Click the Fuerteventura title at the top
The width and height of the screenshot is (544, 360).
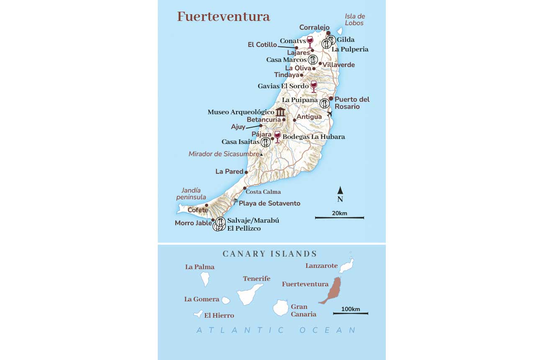click(x=223, y=17)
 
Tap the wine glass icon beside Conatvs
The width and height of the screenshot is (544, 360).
click(x=310, y=41)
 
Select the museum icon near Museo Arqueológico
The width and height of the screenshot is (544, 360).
click(x=280, y=112)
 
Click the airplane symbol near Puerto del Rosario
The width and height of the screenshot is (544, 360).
click(x=330, y=113)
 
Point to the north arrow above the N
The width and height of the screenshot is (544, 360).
click(x=340, y=190)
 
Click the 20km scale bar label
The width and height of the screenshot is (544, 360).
click(x=339, y=213)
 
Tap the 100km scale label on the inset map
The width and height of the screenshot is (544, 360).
click(x=351, y=309)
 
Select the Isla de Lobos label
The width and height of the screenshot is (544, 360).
click(x=355, y=20)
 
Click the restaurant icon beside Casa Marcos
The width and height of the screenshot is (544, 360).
click(x=313, y=59)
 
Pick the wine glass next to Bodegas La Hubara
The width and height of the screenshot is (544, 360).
click(x=277, y=136)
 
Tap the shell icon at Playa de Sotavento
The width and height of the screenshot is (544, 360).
click(x=235, y=201)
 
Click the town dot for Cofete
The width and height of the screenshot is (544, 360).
click(x=206, y=205)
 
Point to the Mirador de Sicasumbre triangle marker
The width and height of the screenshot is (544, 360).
click(x=262, y=154)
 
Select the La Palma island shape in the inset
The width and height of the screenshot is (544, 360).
click(x=205, y=279)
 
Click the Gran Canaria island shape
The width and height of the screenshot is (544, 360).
click(x=280, y=308)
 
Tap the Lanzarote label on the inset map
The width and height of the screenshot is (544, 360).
click(x=321, y=266)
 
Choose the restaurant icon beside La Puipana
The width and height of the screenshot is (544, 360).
click(x=324, y=103)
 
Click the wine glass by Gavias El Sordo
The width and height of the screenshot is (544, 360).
click(x=313, y=86)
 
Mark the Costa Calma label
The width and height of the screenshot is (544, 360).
click(x=263, y=192)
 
